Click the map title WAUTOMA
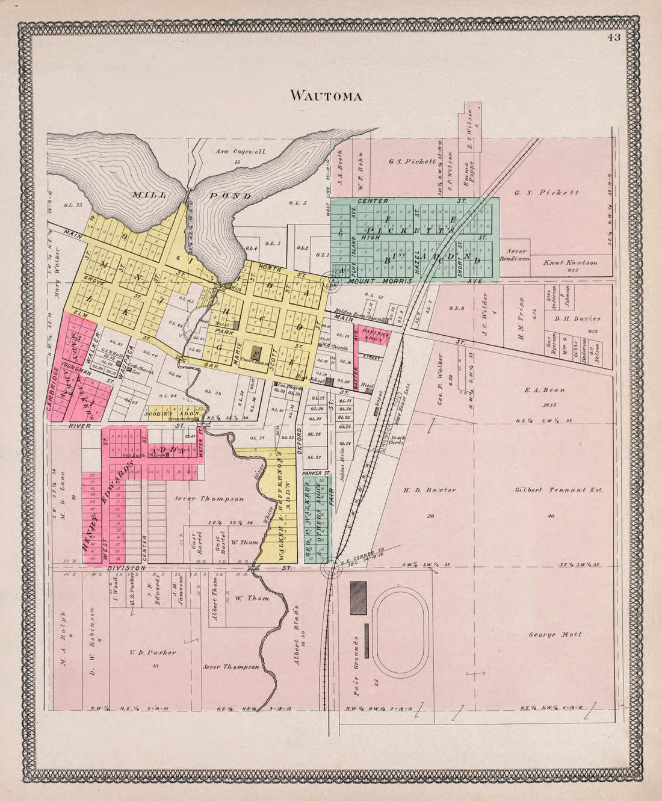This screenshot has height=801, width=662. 326,96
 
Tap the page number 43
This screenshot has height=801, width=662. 613,38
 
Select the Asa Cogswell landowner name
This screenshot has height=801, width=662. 241,152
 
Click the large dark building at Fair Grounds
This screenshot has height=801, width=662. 358,598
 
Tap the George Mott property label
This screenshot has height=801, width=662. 555,634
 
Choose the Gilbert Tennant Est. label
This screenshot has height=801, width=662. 559,490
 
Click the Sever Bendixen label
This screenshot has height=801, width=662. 516,255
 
